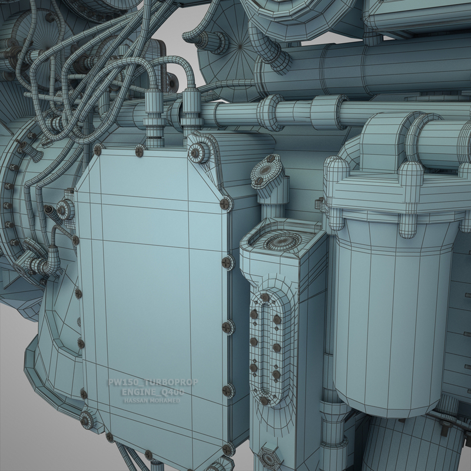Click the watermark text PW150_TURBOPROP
[152, 382]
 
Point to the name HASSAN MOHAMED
[152, 400]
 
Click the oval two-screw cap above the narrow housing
[267, 171]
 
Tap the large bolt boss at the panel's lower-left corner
[87, 419]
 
